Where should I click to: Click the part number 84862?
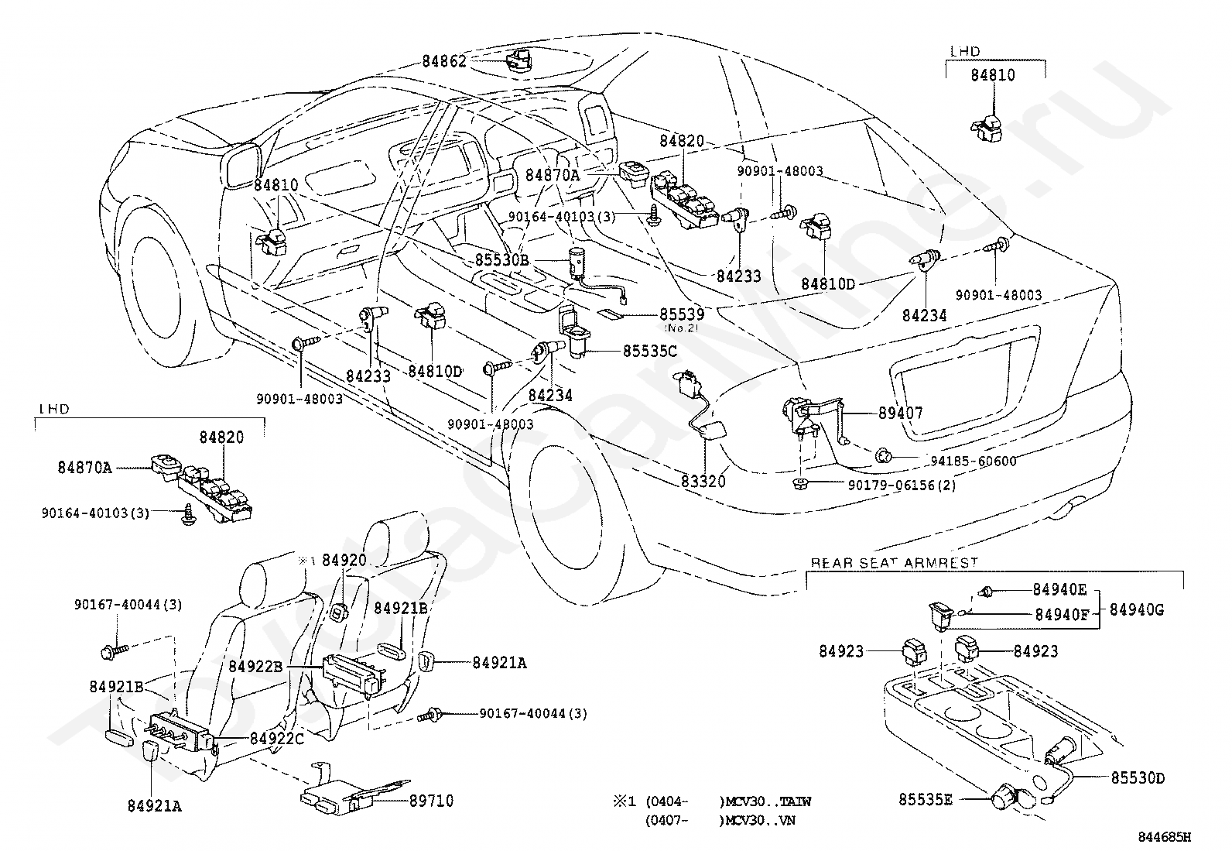click(x=444, y=60)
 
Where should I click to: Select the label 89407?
click(x=900, y=413)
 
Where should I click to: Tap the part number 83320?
click(x=703, y=482)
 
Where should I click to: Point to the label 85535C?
click(x=650, y=351)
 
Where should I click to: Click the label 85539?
click(x=682, y=314)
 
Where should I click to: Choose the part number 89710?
click(x=431, y=801)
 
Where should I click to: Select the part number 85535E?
click(x=926, y=798)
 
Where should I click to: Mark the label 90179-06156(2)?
click(x=902, y=486)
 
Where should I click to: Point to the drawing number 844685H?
click(x=1164, y=837)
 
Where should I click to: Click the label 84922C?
click(x=276, y=739)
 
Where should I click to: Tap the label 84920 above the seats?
click(x=344, y=560)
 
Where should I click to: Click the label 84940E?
click(x=1059, y=589)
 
